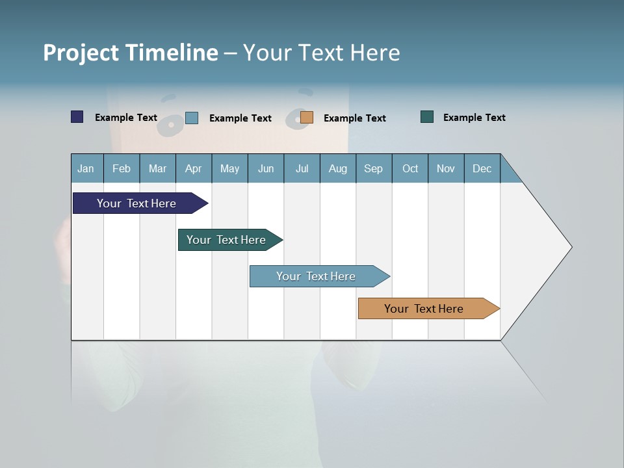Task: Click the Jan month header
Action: pyautogui.click(x=86, y=168)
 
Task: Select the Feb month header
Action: pyautogui.click(x=122, y=168)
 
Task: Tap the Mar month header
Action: pyautogui.click(x=157, y=168)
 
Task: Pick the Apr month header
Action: pyautogui.click(x=194, y=168)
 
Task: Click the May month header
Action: pyautogui.click(x=229, y=168)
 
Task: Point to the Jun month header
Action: pyautogui.click(x=266, y=168)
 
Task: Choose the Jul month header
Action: pyautogui.click(x=302, y=168)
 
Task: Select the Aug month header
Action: pyautogui.click(x=338, y=168)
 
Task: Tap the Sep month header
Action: pyautogui.click(x=374, y=168)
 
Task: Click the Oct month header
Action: pyautogui.click(x=410, y=168)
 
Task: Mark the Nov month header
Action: pyautogui.click(x=446, y=168)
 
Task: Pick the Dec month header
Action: pyautogui.click(x=482, y=168)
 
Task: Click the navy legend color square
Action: pyautogui.click(x=77, y=117)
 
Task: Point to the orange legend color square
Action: pyautogui.click(x=307, y=117)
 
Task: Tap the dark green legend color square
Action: pyautogui.click(x=427, y=117)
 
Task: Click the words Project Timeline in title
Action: pyautogui.click(x=131, y=53)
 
